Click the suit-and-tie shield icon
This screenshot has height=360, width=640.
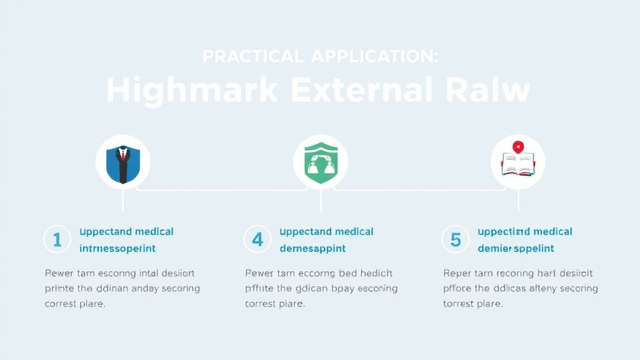tap(122, 162)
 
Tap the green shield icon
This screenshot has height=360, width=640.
tap(321, 162)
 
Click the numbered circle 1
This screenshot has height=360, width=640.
tap(57, 239)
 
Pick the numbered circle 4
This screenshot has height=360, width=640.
tap(257, 239)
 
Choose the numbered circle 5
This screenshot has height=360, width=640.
tap(455, 239)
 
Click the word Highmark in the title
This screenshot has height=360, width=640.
tap(192, 90)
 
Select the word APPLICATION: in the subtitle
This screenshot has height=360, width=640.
tap(374, 56)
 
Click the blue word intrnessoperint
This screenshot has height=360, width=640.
tap(117, 249)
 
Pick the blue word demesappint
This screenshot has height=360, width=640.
tap(312, 249)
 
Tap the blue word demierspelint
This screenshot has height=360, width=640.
tap(516, 249)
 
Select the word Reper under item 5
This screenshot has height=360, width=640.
tap(457, 273)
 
